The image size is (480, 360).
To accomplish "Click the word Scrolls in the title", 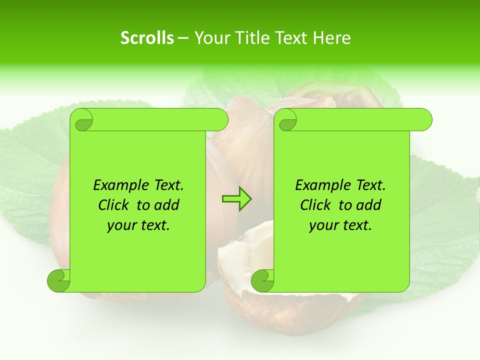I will click(147, 38).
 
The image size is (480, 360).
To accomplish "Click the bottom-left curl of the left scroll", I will click(59, 280).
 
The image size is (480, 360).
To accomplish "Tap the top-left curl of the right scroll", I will click(287, 120).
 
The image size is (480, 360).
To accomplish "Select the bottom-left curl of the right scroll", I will click(262, 280).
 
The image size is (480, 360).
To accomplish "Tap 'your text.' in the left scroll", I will click(138, 225).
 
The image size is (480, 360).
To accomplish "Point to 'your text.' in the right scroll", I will click(340, 225).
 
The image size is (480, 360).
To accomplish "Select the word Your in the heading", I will click(209, 38).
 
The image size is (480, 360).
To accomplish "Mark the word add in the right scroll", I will click(369, 205).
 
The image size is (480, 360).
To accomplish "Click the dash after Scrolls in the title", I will click(183, 38).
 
